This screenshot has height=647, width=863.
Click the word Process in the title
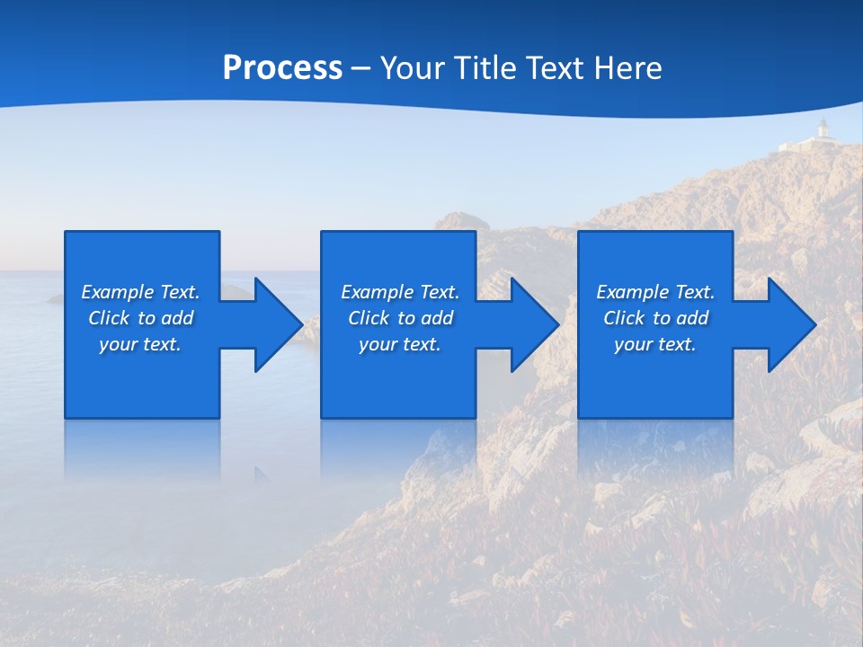tap(282, 68)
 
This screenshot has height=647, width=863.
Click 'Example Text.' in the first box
tap(140, 292)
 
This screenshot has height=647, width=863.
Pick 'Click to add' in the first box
tap(140, 318)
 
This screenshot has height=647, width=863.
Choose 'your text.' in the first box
tap(140, 344)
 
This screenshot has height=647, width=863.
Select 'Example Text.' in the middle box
tap(399, 292)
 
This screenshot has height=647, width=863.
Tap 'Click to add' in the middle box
tap(400, 318)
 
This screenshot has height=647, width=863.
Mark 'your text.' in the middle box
tap(399, 344)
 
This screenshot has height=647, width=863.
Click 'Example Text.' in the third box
tap(655, 292)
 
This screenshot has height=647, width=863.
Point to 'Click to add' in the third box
tap(655, 318)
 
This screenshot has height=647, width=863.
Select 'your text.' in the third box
tap(655, 344)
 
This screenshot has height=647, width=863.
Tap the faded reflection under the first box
tap(142, 449)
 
